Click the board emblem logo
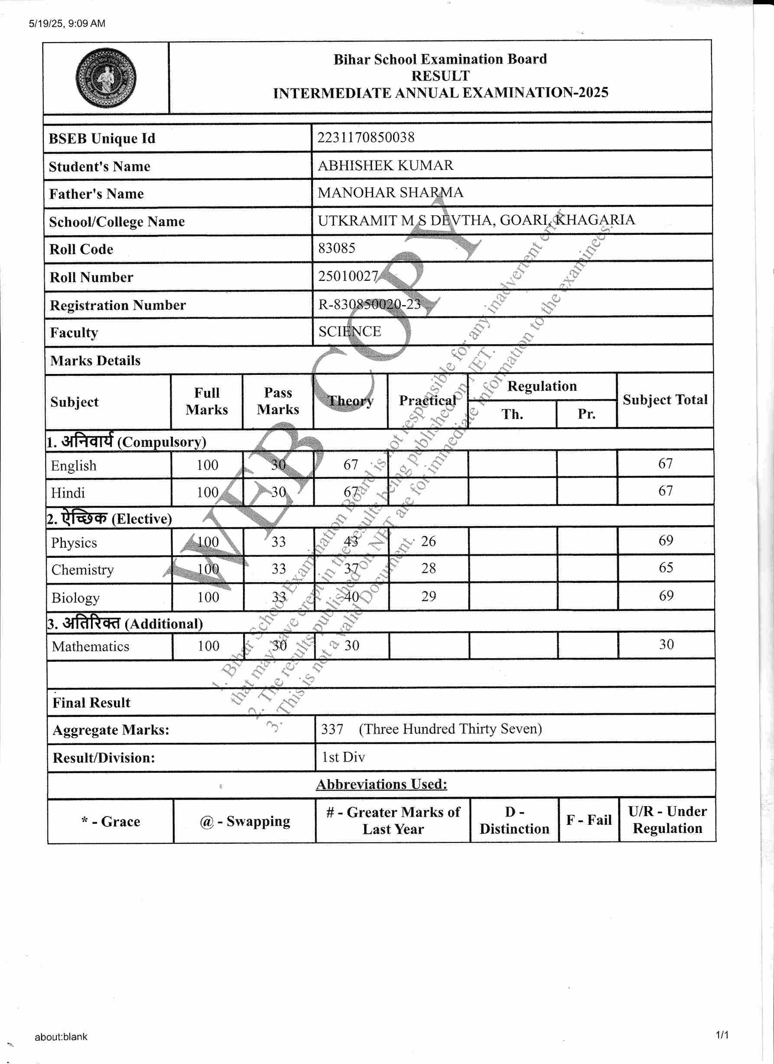tap(106, 78)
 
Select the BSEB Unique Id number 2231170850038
tap(366, 137)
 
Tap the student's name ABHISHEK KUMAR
tap(385, 165)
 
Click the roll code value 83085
tap(336, 248)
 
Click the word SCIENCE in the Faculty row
tap(349, 332)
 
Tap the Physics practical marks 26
tap(428, 541)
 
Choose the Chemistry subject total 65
tap(666, 568)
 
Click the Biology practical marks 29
tap(428, 596)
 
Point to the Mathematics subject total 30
tap(666, 644)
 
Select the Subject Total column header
tap(665, 400)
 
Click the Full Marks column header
tap(206, 401)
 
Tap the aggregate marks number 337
tap(332, 729)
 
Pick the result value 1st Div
tap(343, 757)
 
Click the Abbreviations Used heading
tap(381, 784)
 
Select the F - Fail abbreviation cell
tap(589, 820)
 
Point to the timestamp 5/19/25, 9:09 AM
tap(67, 23)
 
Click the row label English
tap(74, 465)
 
